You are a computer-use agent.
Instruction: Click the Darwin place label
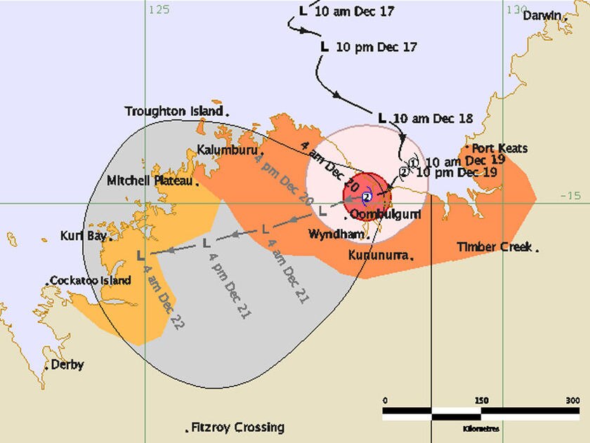542,15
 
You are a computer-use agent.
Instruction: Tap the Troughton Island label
174,111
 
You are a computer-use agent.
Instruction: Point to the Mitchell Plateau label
150,180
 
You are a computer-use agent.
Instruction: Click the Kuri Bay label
83,235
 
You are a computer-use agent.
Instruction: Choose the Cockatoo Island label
91,281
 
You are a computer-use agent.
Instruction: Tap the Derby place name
67,364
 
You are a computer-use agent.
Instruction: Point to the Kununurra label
378,256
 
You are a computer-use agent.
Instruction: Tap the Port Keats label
499,149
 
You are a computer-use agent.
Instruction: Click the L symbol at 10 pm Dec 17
324,47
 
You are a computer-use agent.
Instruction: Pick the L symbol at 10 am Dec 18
383,118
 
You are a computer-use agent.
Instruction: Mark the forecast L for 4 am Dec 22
141,254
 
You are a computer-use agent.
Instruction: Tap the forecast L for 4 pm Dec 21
206,244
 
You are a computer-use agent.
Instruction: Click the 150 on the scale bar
481,400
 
